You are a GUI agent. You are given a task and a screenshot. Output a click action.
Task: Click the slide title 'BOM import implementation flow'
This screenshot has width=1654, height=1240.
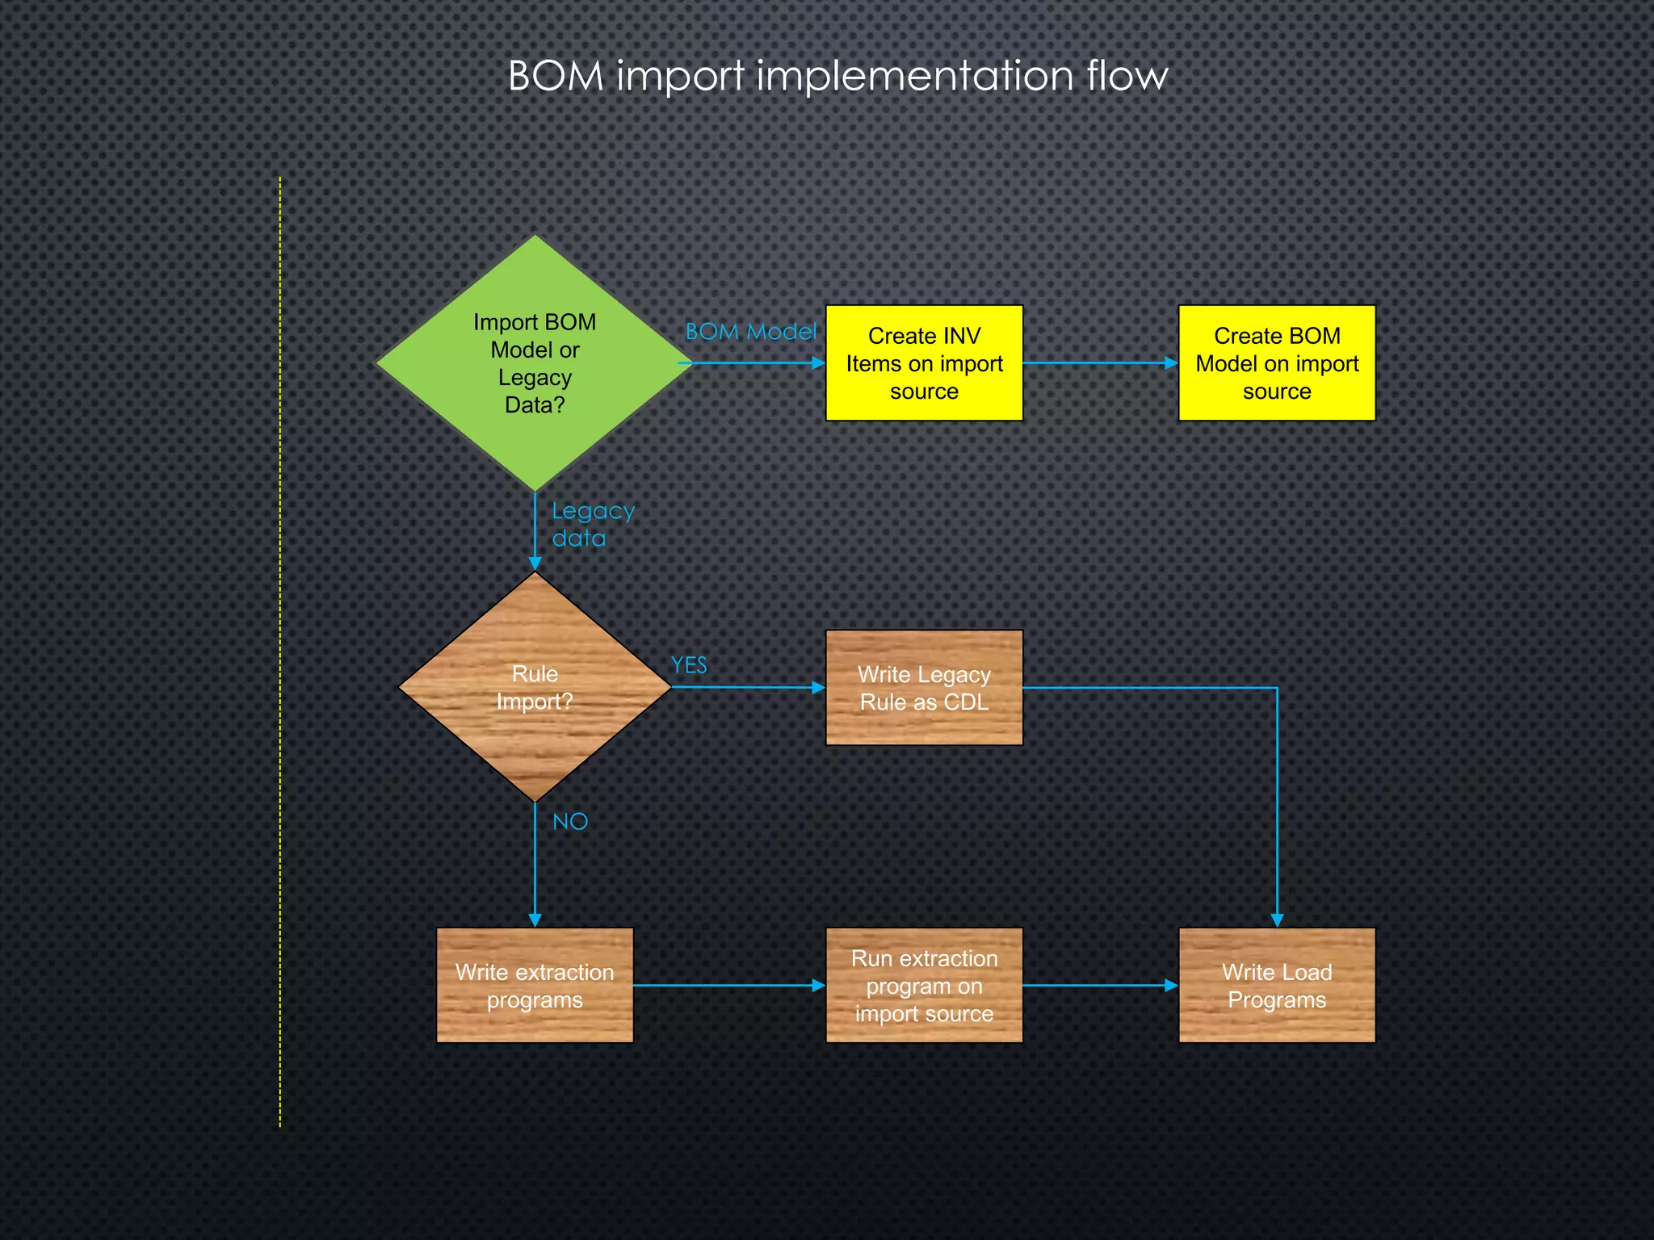coord(837,77)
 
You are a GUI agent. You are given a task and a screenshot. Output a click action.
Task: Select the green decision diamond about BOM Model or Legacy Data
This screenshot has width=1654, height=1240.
coord(535,363)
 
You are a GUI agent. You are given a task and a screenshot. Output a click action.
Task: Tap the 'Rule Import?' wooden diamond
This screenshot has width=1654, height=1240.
coord(535,688)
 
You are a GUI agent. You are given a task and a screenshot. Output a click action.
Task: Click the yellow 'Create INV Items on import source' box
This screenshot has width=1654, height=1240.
coord(924,363)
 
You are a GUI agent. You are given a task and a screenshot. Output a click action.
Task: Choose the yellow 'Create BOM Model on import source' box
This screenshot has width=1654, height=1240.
coord(1276,363)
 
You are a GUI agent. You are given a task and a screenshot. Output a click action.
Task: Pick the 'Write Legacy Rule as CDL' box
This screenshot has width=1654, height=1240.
coord(924,688)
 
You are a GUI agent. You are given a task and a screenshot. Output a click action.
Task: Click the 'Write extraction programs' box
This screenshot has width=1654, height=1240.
coord(535,985)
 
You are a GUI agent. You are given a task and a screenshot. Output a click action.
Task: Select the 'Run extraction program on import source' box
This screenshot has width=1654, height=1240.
coord(924,985)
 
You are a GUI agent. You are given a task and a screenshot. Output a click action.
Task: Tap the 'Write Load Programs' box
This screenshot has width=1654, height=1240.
coord(1276,985)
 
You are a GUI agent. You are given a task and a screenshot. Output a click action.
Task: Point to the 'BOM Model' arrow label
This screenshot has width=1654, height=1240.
coord(750,332)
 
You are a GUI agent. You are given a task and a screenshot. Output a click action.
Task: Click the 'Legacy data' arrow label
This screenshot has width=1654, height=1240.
coord(592,525)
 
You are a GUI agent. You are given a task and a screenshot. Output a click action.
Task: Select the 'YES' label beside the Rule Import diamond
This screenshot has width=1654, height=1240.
coord(689,665)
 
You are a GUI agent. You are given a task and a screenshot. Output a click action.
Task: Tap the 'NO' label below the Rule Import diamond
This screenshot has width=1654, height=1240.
coord(570,822)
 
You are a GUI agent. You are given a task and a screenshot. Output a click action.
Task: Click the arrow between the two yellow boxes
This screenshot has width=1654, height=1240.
coord(1098,363)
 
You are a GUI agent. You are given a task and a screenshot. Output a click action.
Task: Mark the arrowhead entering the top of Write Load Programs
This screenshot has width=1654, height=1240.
coord(1277,920)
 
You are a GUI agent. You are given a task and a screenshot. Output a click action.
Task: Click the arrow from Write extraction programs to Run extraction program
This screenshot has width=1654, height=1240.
coord(727,986)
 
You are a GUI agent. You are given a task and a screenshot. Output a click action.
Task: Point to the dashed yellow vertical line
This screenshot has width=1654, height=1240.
coord(280,646)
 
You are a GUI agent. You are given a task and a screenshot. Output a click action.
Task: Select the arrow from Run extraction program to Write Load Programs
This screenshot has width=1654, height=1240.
coord(1098,986)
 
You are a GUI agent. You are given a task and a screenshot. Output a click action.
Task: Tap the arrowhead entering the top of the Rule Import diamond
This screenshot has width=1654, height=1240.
coord(535,563)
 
